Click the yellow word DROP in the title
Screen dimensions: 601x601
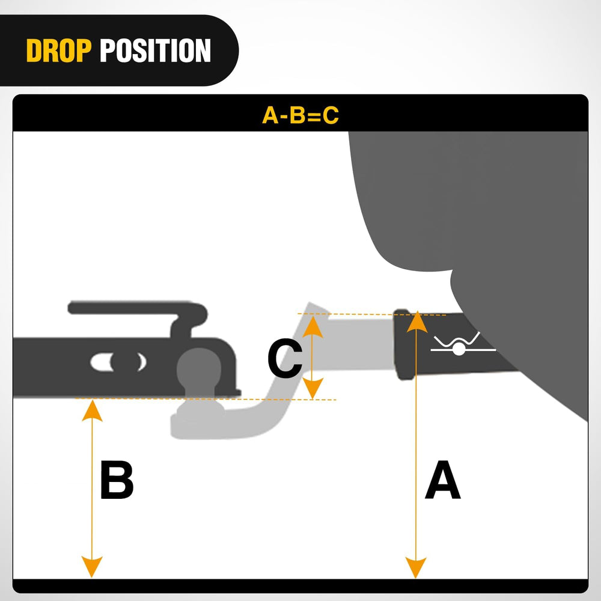(x=59, y=51)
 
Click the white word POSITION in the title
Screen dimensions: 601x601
(x=155, y=51)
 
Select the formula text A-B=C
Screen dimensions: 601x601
(x=300, y=115)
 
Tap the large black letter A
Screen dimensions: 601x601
(x=442, y=482)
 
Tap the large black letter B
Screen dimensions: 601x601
(x=117, y=480)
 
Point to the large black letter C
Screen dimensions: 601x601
(x=284, y=359)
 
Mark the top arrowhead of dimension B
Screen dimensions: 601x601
(x=91, y=409)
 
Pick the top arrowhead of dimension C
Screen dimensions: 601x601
(x=311, y=325)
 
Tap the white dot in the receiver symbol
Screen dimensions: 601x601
(x=459, y=349)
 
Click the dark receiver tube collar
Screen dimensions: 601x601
(x=403, y=345)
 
